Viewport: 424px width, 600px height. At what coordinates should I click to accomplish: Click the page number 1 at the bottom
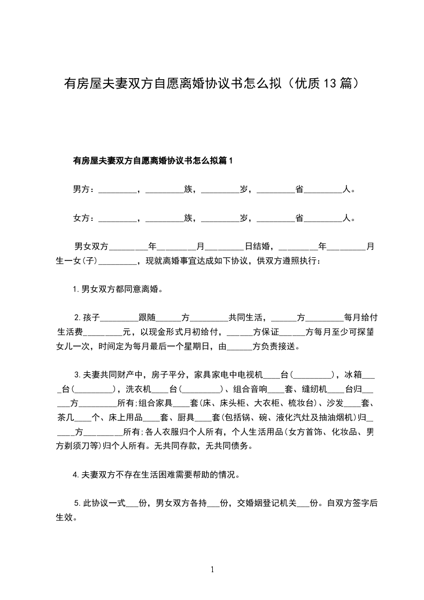point(212,569)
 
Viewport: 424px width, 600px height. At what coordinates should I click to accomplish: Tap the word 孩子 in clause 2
point(91,317)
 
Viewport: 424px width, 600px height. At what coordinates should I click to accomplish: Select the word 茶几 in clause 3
point(66,417)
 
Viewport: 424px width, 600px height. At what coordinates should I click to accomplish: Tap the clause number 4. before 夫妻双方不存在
point(76,474)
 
